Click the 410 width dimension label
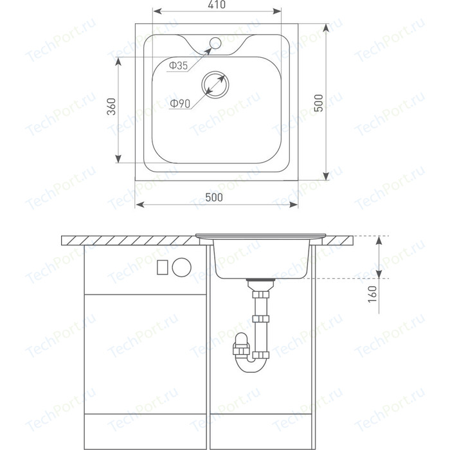click(x=217, y=4)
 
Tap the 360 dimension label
click(x=111, y=107)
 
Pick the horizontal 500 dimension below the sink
click(x=214, y=197)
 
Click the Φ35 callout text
click(x=178, y=66)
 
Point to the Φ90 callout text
click(x=180, y=104)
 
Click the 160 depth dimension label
click(x=372, y=294)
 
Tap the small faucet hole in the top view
click(x=215, y=43)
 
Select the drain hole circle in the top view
click(x=215, y=84)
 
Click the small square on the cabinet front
click(x=163, y=267)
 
